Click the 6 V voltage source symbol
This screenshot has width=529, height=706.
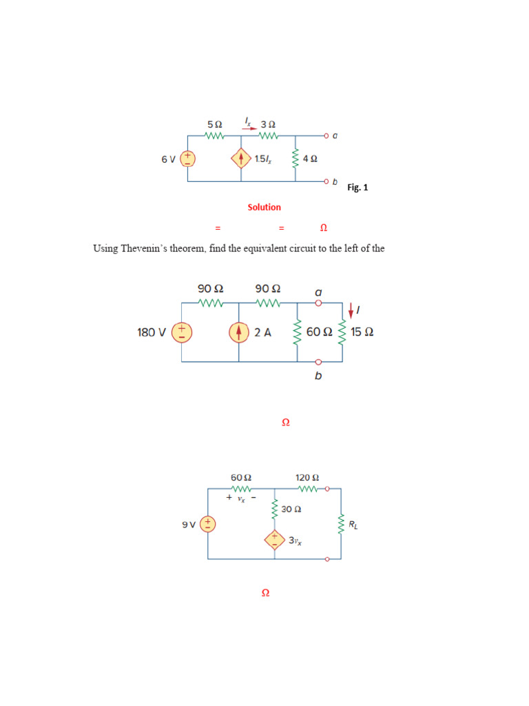[x=188, y=159]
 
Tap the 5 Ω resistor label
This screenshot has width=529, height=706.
[x=214, y=124]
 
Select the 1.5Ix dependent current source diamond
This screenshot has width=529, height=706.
[x=241, y=159]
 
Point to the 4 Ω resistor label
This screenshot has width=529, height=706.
[x=310, y=159]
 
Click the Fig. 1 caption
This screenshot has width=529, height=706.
[x=357, y=188]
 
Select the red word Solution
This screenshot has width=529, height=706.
[x=264, y=207]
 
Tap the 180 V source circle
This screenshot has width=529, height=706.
[x=182, y=332]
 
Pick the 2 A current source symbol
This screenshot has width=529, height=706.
[x=238, y=332]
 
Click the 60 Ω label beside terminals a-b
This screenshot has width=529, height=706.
[x=319, y=332]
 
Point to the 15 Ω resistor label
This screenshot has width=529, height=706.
[x=362, y=332]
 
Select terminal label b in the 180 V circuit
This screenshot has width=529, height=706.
[x=318, y=376]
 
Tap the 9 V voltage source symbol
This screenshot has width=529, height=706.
[x=208, y=525]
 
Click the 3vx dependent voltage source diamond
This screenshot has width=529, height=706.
[x=274, y=539]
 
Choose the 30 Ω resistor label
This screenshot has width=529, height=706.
[x=291, y=510]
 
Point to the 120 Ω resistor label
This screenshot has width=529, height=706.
[x=307, y=477]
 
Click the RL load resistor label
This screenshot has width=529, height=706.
[x=353, y=525]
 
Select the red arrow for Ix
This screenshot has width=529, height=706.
[x=250, y=127]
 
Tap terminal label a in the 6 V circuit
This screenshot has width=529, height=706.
[x=335, y=136]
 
